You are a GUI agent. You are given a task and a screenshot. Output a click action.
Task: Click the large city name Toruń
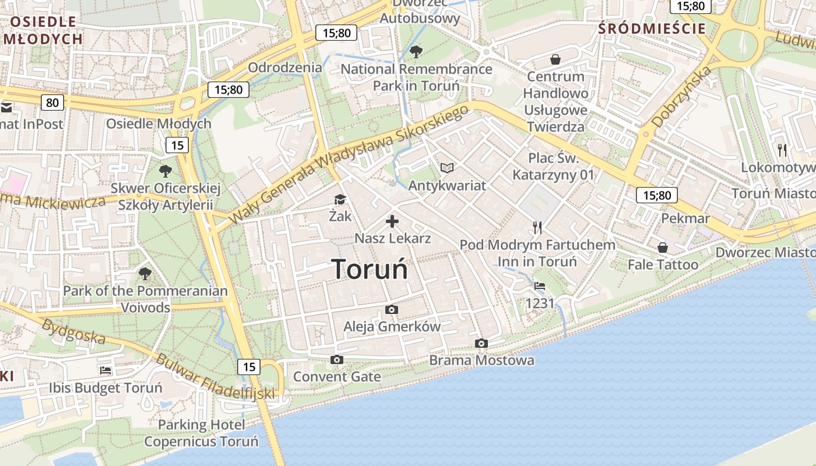370,269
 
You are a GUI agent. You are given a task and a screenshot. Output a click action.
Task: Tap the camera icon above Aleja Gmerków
392,309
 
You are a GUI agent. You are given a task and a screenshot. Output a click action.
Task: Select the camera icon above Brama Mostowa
481,343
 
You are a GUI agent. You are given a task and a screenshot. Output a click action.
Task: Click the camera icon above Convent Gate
336,360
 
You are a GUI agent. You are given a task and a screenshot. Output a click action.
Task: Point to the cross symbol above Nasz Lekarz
392,221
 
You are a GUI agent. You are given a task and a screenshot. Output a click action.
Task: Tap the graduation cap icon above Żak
340,200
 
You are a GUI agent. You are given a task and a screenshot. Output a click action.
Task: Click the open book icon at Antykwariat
447,168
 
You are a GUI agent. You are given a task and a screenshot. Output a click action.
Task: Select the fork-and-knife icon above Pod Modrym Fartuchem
537,227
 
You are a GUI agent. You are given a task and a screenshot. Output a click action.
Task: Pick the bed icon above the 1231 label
540,286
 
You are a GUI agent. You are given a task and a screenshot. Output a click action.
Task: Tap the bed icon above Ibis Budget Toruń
105,370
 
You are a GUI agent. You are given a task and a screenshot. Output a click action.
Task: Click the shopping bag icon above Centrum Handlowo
555,59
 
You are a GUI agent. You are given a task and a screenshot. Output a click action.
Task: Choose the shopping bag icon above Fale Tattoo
663,248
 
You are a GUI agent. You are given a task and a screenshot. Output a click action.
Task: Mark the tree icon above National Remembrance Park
416,52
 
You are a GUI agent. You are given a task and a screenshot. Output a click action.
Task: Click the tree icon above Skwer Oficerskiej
166,171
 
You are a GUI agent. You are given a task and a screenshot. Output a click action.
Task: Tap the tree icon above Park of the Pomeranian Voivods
145,273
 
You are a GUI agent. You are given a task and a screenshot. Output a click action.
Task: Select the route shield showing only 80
52,103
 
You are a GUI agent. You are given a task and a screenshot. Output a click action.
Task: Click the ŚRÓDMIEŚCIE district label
652,29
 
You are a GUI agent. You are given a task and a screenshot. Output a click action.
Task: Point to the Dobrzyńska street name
682,97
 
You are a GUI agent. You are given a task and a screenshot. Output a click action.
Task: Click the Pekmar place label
685,218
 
